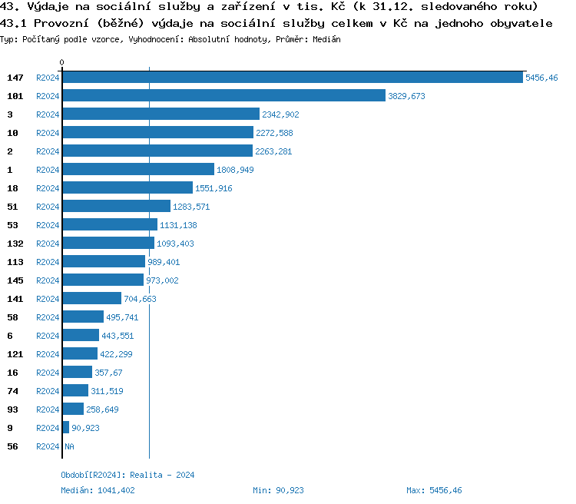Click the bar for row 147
(x=292, y=78)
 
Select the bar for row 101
(x=223, y=96)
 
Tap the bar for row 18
(x=127, y=188)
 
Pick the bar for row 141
(x=91, y=299)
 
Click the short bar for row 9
(x=65, y=428)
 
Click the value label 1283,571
(x=191, y=207)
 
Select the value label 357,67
(x=108, y=373)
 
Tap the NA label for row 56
(x=69, y=446)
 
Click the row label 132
(x=15, y=244)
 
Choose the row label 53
(x=12, y=225)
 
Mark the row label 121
(x=15, y=354)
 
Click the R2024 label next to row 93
(x=48, y=409)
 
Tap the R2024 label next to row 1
(x=48, y=170)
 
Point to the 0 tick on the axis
(x=62, y=62)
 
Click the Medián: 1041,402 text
(x=98, y=490)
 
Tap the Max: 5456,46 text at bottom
(x=434, y=490)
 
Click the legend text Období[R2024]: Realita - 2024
(x=127, y=475)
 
